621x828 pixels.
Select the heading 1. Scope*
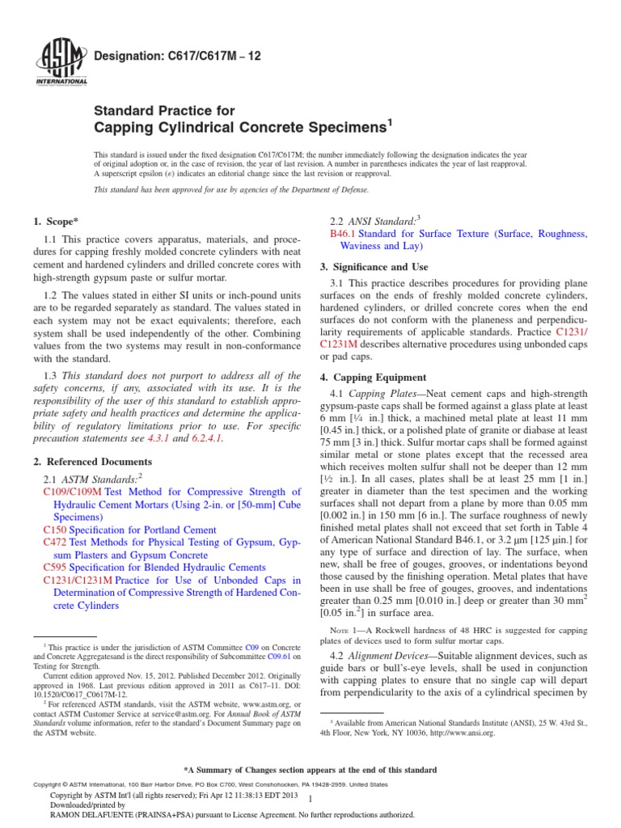click(x=59, y=221)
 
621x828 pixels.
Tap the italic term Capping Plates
click(x=382, y=393)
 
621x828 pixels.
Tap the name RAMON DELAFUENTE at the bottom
click(x=92, y=815)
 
